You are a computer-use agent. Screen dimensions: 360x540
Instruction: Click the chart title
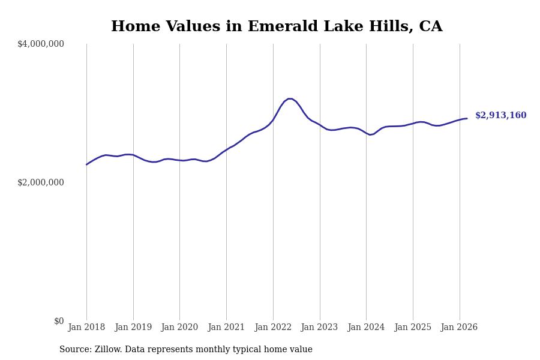click(277, 27)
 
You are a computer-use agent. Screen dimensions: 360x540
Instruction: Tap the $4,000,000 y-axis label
click(41, 44)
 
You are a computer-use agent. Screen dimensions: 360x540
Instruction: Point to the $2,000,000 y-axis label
click(41, 182)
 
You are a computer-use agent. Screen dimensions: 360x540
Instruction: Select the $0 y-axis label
click(59, 321)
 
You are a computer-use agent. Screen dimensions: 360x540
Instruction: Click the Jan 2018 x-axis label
click(86, 328)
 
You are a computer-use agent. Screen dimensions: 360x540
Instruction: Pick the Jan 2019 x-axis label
click(133, 328)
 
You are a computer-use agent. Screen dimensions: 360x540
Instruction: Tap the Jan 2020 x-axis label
click(179, 328)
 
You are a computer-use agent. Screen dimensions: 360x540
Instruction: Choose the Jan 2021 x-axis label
click(226, 328)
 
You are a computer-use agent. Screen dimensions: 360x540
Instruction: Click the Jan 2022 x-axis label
click(273, 328)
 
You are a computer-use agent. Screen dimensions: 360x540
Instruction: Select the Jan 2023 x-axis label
click(319, 328)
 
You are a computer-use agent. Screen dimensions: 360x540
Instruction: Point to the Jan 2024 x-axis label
click(366, 328)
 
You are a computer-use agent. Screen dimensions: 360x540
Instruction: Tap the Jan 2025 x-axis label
click(413, 328)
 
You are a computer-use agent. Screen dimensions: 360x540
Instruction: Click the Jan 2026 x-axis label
click(459, 328)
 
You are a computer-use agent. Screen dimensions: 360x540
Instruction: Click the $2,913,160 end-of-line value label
click(500, 116)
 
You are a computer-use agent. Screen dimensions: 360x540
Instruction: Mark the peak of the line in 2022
click(290, 98)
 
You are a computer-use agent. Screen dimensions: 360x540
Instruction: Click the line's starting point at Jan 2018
click(86, 164)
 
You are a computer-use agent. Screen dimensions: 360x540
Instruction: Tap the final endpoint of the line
click(467, 118)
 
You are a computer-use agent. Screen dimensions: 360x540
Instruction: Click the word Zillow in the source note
click(107, 350)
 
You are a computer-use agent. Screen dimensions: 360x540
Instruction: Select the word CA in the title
click(430, 27)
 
